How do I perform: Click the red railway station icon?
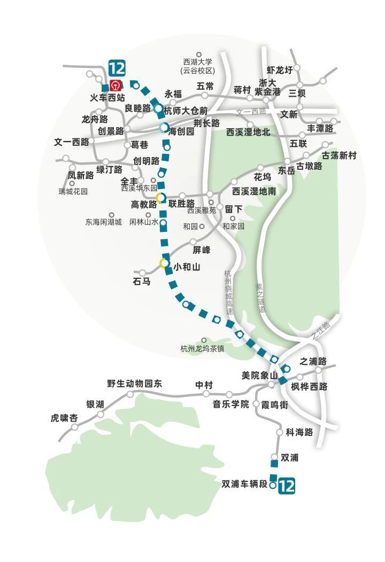(x=115, y=85)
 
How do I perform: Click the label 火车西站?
(x=107, y=98)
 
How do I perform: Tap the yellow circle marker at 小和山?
(x=164, y=263)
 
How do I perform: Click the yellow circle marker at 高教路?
(x=160, y=198)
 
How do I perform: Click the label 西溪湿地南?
(x=253, y=191)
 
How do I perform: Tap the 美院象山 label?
(x=259, y=376)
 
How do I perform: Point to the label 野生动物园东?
(x=134, y=383)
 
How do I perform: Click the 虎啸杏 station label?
(x=64, y=418)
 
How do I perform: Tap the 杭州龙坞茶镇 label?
(x=202, y=349)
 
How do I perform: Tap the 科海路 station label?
(x=299, y=432)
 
